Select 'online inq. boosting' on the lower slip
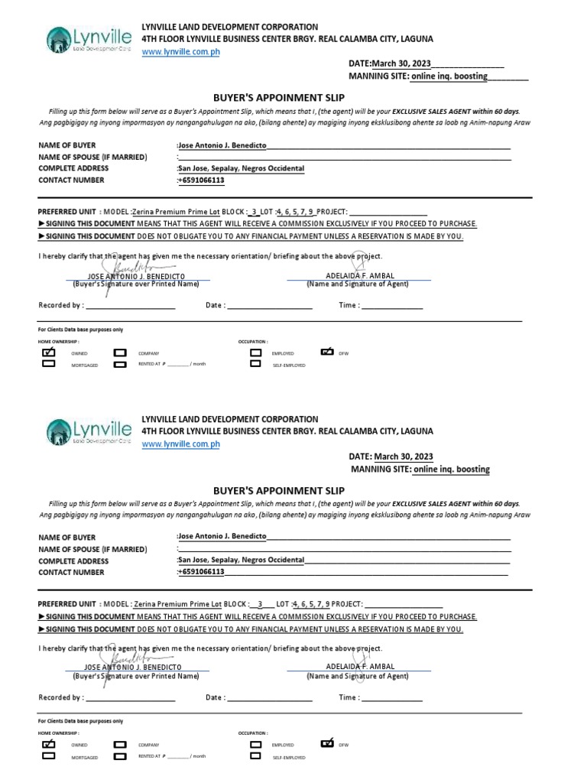[x=451, y=469]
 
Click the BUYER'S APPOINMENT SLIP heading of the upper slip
[x=278, y=97]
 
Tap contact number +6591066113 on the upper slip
[x=201, y=180]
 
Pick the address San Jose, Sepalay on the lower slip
[x=241, y=560]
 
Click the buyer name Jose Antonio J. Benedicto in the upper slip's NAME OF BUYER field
[x=222, y=145]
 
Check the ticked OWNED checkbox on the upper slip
[x=50, y=353]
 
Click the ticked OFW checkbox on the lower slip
[x=328, y=742]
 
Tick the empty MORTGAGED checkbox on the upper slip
[x=50, y=364]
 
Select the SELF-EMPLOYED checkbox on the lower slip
[x=256, y=755]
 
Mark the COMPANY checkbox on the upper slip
[x=120, y=353]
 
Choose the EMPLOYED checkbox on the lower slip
[x=256, y=743]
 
